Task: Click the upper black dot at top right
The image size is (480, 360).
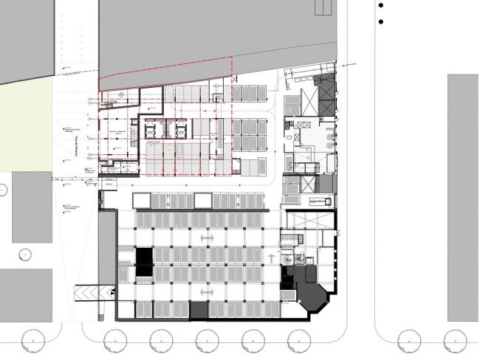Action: (381, 5)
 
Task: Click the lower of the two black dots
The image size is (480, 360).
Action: (381, 21)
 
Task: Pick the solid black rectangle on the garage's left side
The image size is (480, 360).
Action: (143, 257)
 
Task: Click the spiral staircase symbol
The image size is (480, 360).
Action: (301, 259)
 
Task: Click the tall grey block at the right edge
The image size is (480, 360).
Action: (463, 197)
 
